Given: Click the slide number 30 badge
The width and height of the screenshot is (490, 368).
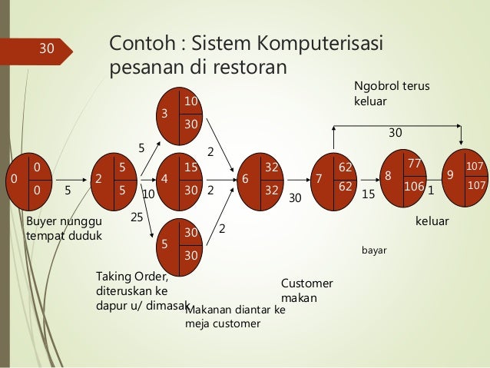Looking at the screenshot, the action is tap(46, 50).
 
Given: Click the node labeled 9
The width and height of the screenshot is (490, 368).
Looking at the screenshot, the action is tap(462, 177).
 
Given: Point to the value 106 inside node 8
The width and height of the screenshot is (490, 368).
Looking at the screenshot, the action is tap(415, 186).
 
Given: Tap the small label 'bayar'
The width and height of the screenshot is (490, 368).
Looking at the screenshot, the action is tap(373, 250).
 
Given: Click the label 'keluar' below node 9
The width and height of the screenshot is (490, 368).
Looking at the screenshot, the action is tap(432, 221).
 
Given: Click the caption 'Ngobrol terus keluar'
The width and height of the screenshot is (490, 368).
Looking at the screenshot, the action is tap(391, 93).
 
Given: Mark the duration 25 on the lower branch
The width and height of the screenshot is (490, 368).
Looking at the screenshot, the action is tap(137, 218).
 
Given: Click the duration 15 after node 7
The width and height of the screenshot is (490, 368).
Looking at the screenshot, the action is tap(367, 195).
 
